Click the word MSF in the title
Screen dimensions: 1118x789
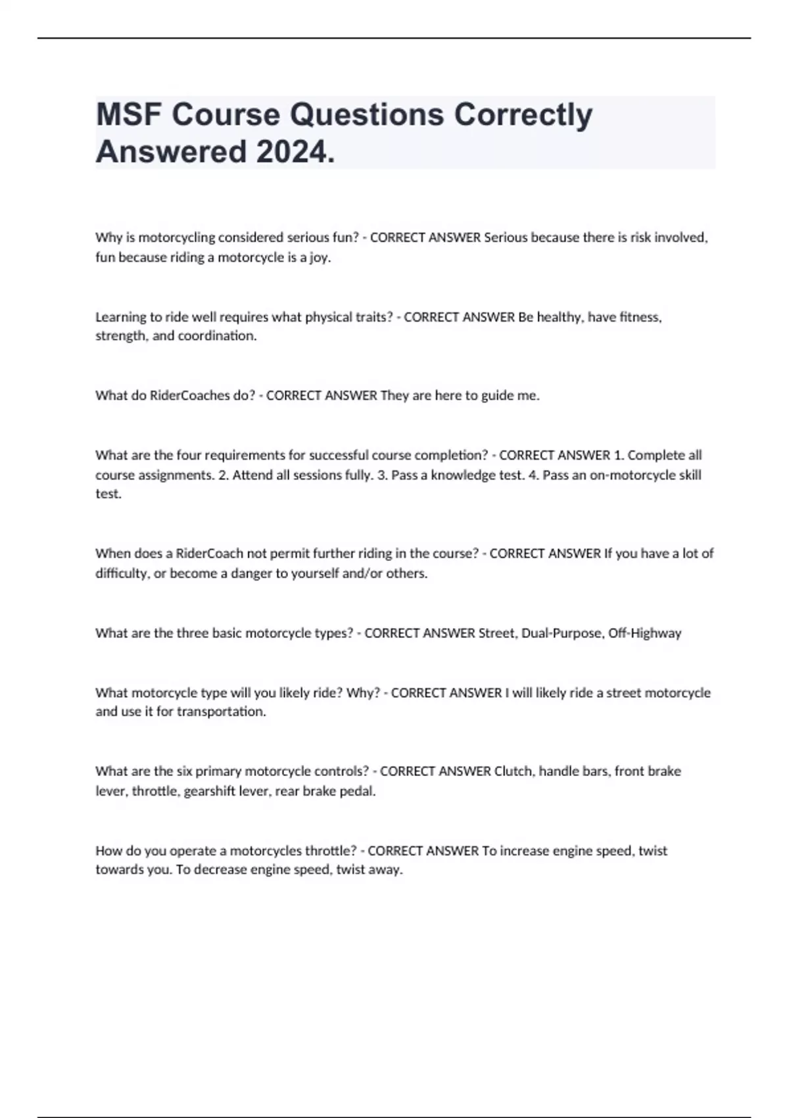click(x=128, y=114)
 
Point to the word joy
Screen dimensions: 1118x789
click(x=320, y=257)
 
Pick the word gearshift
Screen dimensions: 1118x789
click(x=209, y=791)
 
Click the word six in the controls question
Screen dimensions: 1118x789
click(x=184, y=771)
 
